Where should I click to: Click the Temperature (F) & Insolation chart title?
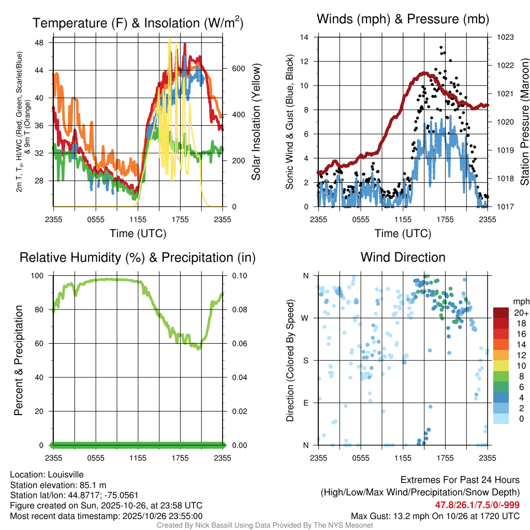(138, 23)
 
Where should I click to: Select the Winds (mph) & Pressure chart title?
(403, 19)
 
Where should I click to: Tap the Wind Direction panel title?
(403, 257)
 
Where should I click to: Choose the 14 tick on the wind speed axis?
(304, 37)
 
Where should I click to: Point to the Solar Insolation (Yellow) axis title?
(256, 122)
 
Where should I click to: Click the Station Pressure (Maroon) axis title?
(524, 122)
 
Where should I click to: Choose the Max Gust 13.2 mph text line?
(435, 516)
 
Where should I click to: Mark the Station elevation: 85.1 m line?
(58, 485)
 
